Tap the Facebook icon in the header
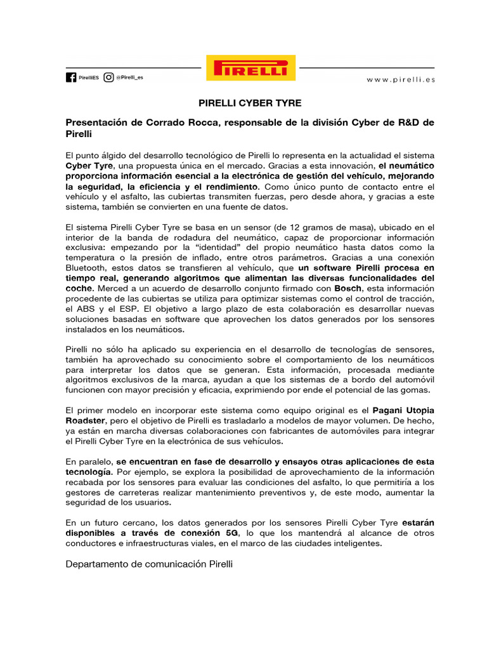[x=71, y=77]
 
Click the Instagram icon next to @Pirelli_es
[x=108, y=77]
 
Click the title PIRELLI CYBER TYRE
[x=250, y=102]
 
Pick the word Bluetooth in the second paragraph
[x=87, y=268]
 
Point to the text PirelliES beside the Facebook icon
[x=89, y=77]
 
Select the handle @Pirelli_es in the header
[x=129, y=77]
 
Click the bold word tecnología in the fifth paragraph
[x=89, y=472]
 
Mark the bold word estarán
[x=417, y=522]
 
